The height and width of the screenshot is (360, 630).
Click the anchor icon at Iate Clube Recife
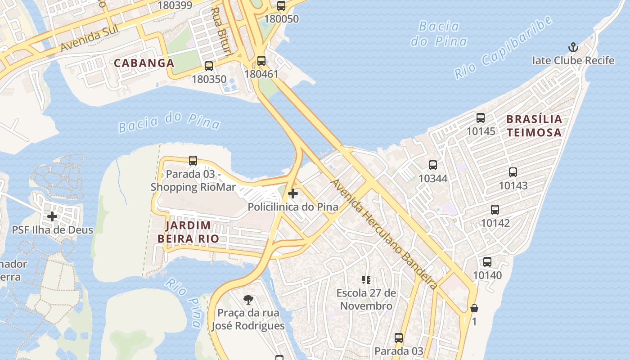tap(573, 47)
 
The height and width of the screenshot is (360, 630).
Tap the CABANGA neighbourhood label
tap(144, 63)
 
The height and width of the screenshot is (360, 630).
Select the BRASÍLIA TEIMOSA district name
tap(534, 126)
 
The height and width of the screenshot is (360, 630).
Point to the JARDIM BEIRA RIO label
tap(188, 232)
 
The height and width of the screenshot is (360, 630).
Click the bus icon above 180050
tap(281, 6)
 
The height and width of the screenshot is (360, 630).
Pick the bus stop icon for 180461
tap(261, 60)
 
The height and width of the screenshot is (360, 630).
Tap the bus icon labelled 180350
tap(209, 66)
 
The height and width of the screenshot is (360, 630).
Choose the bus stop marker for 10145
tap(481, 118)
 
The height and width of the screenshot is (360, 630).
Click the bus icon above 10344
tap(433, 165)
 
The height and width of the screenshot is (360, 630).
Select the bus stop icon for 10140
tap(487, 262)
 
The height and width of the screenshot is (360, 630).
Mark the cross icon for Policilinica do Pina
tap(293, 193)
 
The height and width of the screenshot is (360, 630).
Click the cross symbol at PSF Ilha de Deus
tap(52, 216)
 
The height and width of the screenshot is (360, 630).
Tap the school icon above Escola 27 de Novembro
tap(366, 280)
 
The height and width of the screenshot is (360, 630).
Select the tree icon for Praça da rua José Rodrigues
tap(248, 299)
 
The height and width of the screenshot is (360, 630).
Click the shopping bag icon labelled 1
tap(474, 308)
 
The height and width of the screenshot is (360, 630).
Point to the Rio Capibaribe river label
tap(503, 48)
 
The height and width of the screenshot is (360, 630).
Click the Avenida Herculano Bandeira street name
tap(384, 234)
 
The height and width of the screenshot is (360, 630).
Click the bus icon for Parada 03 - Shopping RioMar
tap(193, 160)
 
